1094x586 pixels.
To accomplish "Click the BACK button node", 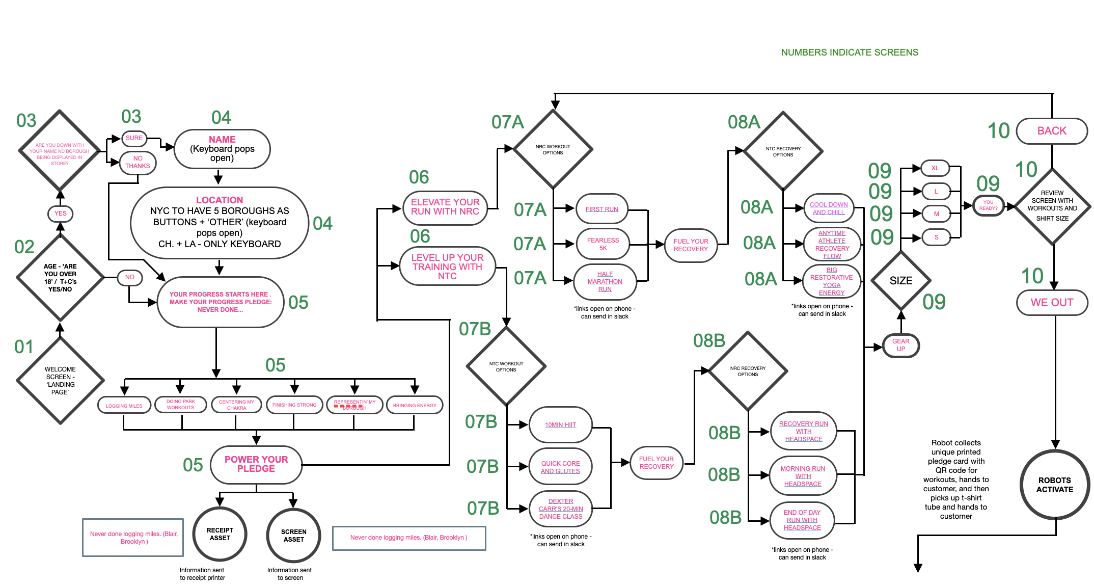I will (1052, 131).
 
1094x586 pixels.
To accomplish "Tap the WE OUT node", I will (1052, 303).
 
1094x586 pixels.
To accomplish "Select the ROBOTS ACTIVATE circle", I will (1055, 485).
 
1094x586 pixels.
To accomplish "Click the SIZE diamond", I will (900, 281).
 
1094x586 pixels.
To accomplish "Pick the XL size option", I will (935, 168).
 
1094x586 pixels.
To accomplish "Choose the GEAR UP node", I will (900, 345).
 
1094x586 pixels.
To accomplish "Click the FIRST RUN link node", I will (601, 209).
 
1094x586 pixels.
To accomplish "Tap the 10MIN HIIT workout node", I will (560, 424).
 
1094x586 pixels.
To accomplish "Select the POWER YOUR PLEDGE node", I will (256, 464).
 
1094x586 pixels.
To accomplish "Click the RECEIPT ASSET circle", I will (220, 534).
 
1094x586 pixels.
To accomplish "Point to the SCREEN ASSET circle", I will (293, 536).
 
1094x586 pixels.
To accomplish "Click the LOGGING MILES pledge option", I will (124, 406).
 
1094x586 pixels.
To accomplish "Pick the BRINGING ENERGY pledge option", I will (415, 406).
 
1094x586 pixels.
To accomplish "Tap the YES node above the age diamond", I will (60, 214).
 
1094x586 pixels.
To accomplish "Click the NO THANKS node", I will (138, 163).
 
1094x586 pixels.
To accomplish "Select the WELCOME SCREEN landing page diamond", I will (60, 381).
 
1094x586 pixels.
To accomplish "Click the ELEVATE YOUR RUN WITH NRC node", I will (445, 207).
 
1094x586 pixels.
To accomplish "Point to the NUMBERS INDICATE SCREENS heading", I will (849, 52).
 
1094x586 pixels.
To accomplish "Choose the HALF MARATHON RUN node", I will (605, 282).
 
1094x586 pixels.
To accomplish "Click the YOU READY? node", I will (988, 205).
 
